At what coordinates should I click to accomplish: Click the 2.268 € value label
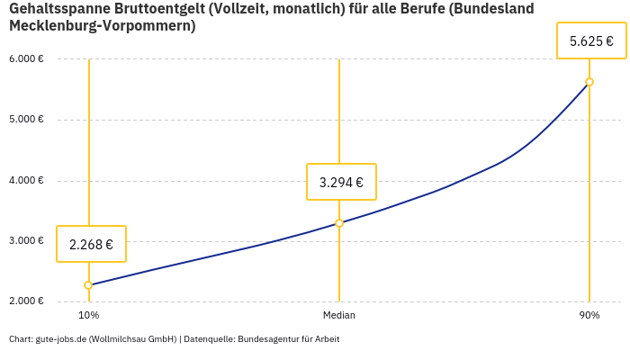click(x=91, y=244)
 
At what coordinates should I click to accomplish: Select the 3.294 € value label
click(x=341, y=182)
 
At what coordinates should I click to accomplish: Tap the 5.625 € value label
click(x=591, y=40)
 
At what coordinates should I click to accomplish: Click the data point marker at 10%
click(x=88, y=285)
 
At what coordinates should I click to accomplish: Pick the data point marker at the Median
click(x=339, y=223)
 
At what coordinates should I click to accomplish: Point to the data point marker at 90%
click(x=589, y=82)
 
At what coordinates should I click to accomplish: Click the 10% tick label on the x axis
click(x=88, y=316)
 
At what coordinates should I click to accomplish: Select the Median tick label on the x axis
click(x=339, y=316)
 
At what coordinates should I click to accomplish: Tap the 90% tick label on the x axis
click(x=589, y=316)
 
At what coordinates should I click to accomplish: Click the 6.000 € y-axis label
click(x=26, y=59)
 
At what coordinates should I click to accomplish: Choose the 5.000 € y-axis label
click(x=26, y=120)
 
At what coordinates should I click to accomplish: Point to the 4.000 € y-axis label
click(x=26, y=180)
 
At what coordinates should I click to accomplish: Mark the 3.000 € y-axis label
click(x=26, y=240)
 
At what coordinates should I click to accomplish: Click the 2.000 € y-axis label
click(x=26, y=301)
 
